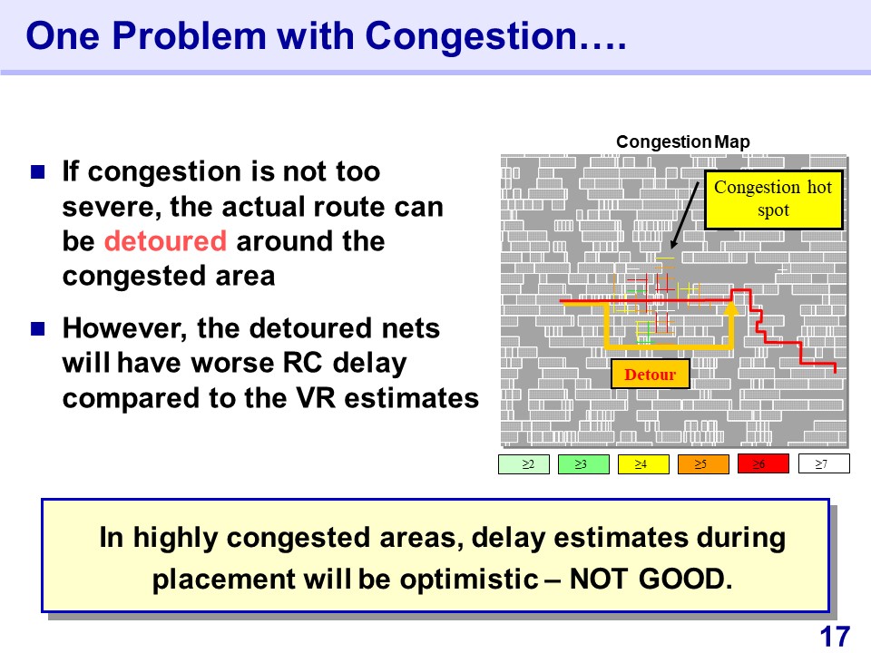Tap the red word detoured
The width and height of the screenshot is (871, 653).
point(165,241)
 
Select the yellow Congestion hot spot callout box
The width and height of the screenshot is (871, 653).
point(774,200)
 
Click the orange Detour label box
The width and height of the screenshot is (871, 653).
point(650,374)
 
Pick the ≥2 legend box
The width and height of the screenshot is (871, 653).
point(524,463)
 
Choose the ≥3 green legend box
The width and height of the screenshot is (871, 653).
point(583,463)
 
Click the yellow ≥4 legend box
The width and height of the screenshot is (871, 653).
point(643,463)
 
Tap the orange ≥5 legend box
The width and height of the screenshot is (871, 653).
point(703,463)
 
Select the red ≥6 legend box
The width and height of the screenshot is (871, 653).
point(763,463)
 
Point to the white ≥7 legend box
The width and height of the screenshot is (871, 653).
point(824,463)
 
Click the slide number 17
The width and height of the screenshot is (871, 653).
point(835,637)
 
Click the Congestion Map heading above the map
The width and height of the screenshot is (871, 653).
point(682,141)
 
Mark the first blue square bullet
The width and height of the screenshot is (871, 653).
point(38,171)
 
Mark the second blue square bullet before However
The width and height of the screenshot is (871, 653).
point(38,328)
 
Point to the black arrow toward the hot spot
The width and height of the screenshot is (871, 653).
point(685,215)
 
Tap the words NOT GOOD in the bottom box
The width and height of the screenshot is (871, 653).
point(651,580)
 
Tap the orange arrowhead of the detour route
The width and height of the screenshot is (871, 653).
point(731,308)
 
